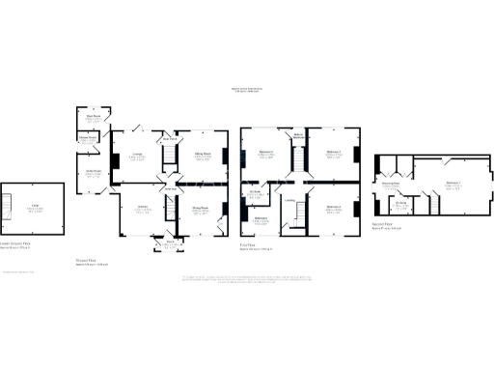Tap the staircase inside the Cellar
tap(13, 207)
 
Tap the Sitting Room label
tap(203, 155)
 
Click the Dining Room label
tap(203, 208)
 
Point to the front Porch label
tap(171, 243)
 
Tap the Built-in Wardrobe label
tap(299, 135)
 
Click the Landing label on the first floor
tap(288, 201)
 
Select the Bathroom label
tap(261, 220)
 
